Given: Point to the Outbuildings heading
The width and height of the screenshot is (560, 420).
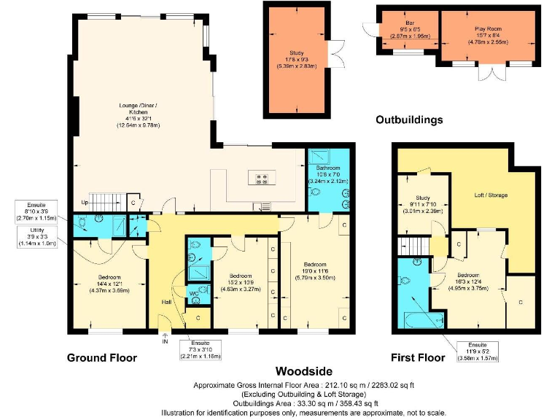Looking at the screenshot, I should point(409,120).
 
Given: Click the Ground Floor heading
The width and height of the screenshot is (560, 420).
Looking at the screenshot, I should point(101,357).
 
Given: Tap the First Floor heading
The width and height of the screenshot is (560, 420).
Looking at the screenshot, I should point(417,358).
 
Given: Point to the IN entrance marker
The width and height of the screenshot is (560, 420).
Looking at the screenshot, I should point(164,341).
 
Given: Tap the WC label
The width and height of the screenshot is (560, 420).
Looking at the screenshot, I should point(194,294).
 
